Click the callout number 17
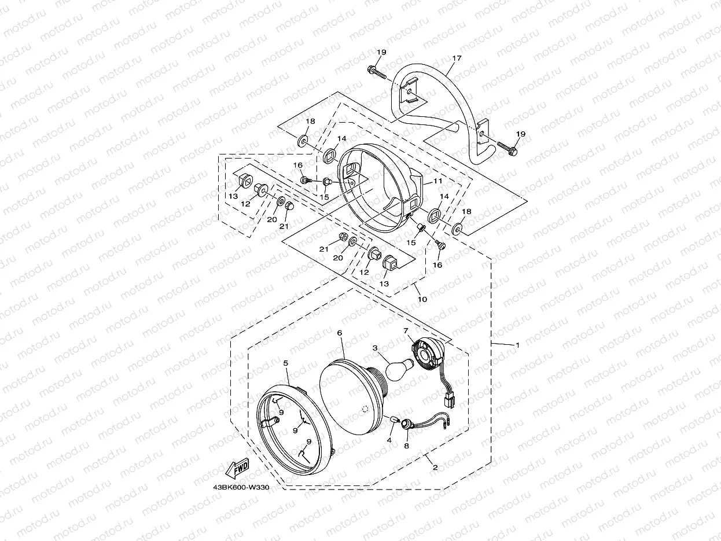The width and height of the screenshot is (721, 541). [x=457, y=58]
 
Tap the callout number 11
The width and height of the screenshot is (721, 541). [x=437, y=181]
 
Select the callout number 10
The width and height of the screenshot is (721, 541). [x=422, y=299]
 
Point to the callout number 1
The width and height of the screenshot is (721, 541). [x=518, y=345]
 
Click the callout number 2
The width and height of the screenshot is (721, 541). [x=435, y=466]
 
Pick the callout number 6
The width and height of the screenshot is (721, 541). [x=340, y=333]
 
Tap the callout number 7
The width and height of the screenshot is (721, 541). [x=406, y=330]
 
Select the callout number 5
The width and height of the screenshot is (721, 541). [x=286, y=363]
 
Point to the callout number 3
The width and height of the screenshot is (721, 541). [x=375, y=348]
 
